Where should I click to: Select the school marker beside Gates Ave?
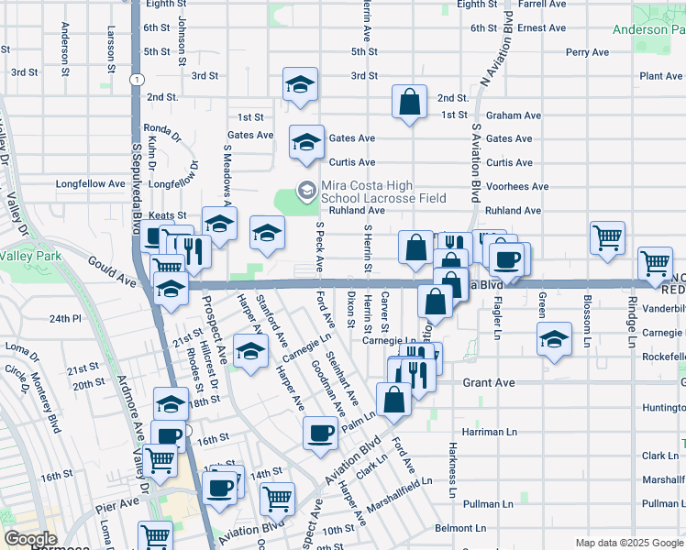(x=306, y=142)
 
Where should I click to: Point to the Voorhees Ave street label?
(x=517, y=186)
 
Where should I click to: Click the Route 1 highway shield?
(x=136, y=81)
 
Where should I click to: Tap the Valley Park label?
(x=30, y=256)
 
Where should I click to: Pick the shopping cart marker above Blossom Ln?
(x=607, y=238)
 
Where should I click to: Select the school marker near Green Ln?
(x=553, y=338)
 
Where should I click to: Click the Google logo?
(x=30, y=539)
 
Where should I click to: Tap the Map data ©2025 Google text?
(x=629, y=544)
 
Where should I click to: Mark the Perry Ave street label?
(x=587, y=52)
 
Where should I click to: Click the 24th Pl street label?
(x=65, y=318)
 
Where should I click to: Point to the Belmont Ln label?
(x=459, y=528)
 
